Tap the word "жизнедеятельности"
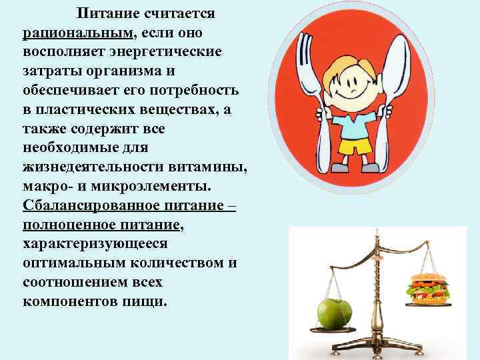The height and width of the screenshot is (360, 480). pos(91,167)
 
